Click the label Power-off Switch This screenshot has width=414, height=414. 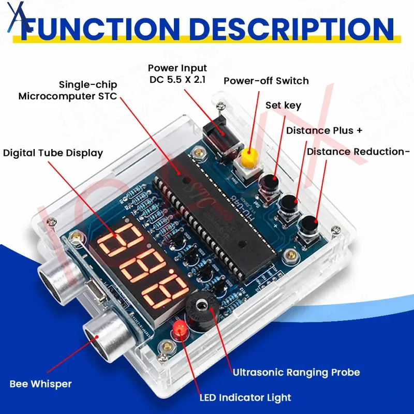pos(266,81)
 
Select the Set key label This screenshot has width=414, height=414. pos(283,106)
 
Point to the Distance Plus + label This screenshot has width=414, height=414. pos(324,130)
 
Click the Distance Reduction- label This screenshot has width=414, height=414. pos(358,152)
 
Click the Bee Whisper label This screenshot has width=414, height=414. pos(40,383)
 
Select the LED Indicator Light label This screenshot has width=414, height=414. pos(245,397)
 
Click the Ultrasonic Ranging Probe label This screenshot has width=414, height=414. pos(296,372)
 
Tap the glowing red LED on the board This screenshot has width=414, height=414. pos(180,329)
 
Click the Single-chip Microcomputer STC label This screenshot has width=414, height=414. pos(68,90)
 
